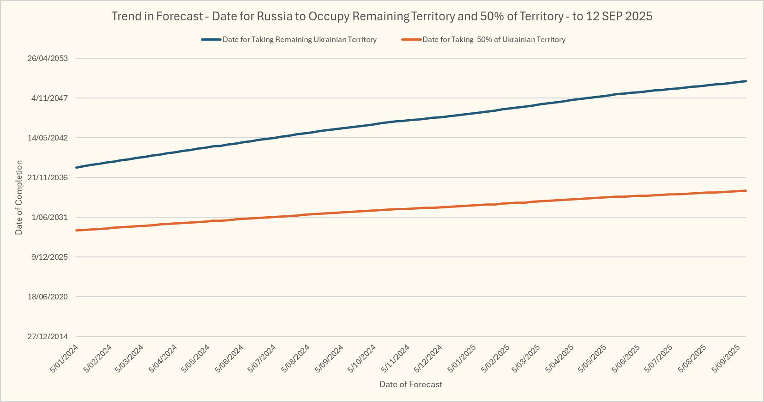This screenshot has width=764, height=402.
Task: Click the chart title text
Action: coord(382,16)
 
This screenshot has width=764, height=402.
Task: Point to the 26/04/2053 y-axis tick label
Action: coord(48,58)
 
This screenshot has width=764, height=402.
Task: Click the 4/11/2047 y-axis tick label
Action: coord(49,98)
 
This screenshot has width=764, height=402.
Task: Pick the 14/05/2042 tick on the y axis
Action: coord(48,138)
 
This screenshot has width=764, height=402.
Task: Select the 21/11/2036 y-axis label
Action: coord(48,177)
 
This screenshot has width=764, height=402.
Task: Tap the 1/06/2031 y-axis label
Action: coord(49,217)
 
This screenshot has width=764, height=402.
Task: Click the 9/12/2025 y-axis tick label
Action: coord(49,257)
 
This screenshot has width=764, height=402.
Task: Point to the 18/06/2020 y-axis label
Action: coord(48,297)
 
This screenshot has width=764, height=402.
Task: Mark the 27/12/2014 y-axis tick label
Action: coord(48,336)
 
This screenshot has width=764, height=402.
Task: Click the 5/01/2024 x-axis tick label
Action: coord(64,359)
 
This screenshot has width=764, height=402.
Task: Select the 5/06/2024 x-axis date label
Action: coord(229,359)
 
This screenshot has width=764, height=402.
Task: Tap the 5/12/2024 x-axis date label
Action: coord(428,359)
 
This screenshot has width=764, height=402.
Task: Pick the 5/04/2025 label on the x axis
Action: coord(559,359)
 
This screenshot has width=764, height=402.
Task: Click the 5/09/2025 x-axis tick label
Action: coord(726,359)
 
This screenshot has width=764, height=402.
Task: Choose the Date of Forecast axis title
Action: coord(411,384)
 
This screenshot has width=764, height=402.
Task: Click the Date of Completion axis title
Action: coord(19,197)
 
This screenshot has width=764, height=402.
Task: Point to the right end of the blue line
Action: coord(746,81)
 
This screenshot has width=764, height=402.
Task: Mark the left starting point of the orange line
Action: coord(77,230)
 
